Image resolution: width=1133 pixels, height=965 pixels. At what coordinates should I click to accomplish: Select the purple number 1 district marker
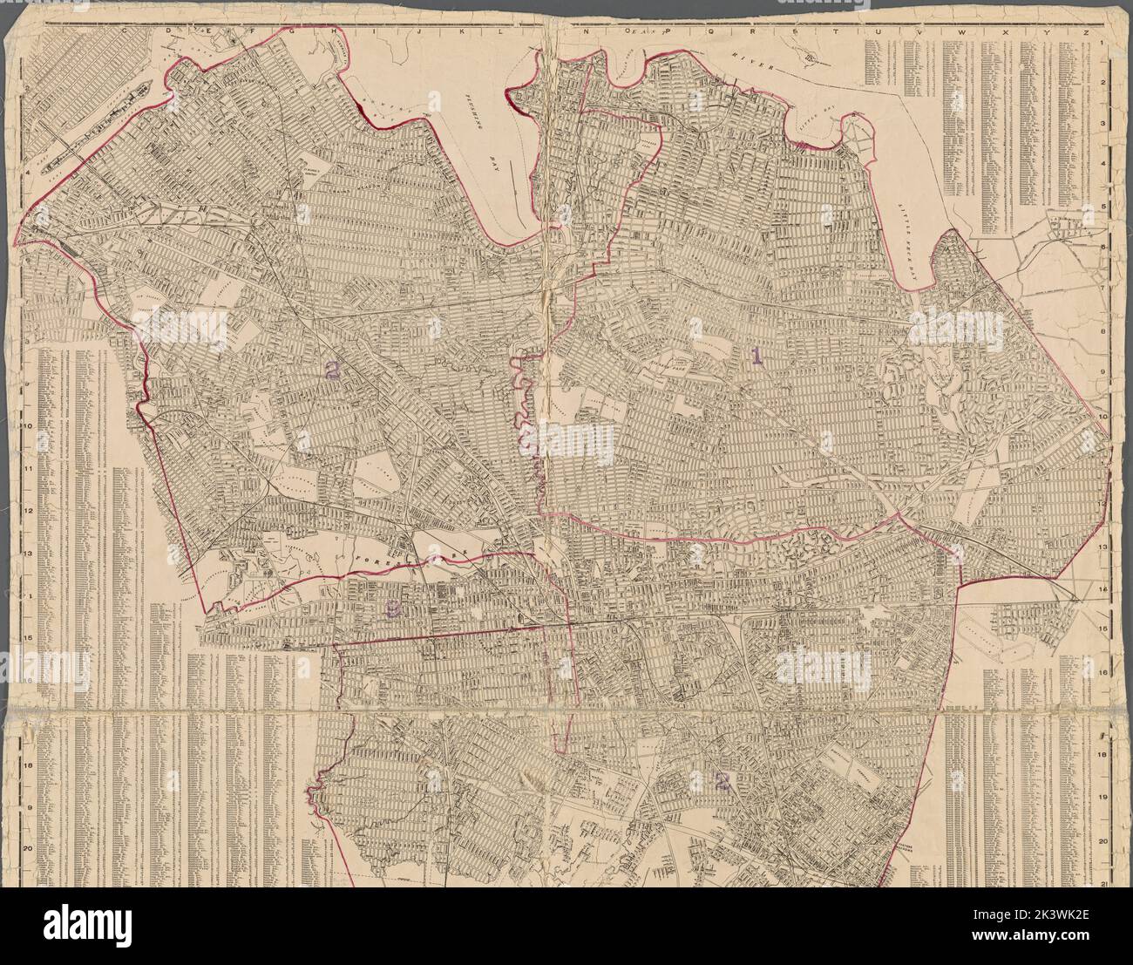[756, 356]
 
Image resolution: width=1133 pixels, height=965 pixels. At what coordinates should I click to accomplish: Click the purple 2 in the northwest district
[331, 370]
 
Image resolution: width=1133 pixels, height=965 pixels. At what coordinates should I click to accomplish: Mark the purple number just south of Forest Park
[394, 611]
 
